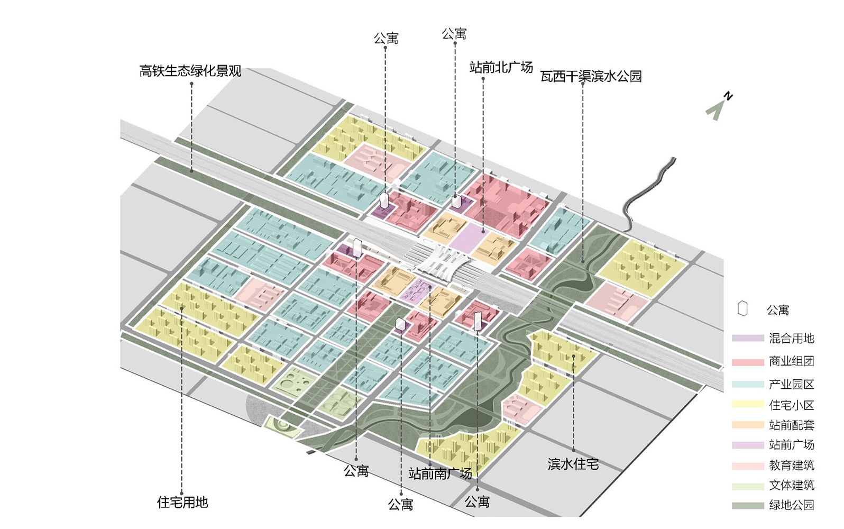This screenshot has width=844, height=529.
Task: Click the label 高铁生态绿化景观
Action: (190, 71)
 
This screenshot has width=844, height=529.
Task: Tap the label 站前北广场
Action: (501, 67)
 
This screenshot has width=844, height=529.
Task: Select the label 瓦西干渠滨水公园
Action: (591, 76)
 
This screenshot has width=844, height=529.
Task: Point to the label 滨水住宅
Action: (573, 464)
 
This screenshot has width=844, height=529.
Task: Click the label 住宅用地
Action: (182, 502)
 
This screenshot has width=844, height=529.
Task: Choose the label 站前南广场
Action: (440, 473)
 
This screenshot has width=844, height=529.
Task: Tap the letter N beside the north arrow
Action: (728, 96)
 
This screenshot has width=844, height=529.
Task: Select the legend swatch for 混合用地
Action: (748, 338)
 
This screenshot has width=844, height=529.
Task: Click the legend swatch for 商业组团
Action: (748, 362)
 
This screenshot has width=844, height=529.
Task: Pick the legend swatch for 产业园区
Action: (748, 384)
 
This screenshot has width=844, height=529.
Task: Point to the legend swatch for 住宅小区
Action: (748, 404)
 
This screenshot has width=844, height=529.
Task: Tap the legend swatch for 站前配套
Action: (748, 425)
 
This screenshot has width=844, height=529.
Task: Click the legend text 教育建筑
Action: (792, 466)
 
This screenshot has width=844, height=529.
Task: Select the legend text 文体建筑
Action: (792, 485)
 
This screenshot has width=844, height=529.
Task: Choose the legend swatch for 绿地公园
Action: (748, 506)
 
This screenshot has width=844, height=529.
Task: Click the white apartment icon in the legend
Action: (742, 308)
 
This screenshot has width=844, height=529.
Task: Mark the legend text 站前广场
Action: (792, 445)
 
